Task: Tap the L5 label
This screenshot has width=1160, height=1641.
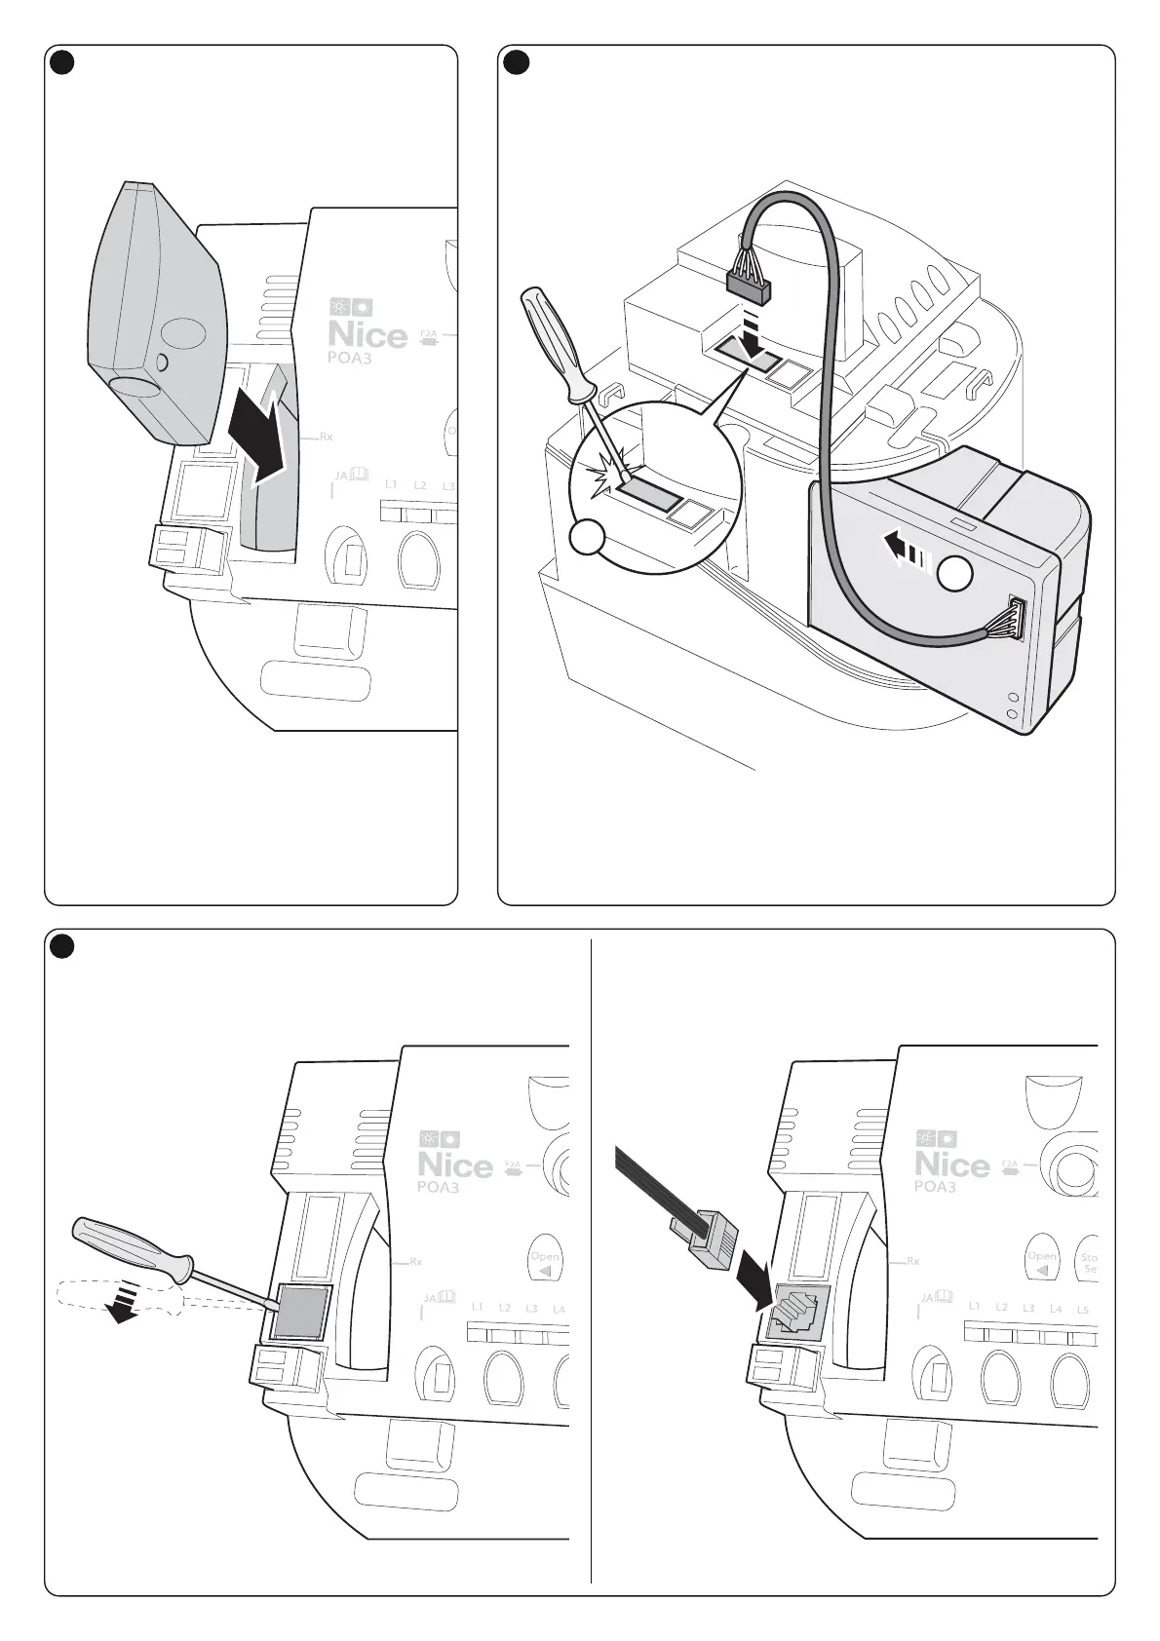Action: pyautogui.click(x=1082, y=1310)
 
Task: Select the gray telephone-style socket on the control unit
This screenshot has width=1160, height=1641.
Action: pyautogui.click(x=798, y=1312)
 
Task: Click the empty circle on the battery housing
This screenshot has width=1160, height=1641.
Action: pyautogui.click(x=956, y=576)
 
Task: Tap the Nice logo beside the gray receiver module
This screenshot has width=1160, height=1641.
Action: pyautogui.click(x=367, y=334)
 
